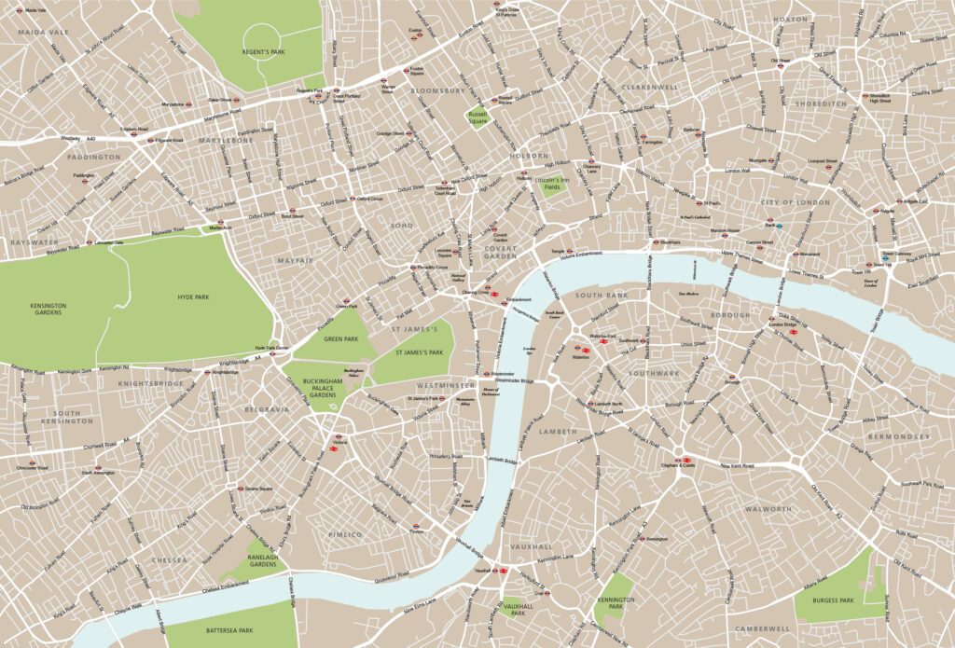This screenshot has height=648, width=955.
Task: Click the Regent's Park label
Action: [x=265, y=51]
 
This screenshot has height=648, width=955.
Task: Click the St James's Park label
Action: [x=417, y=352]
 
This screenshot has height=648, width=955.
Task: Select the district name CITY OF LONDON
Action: [x=795, y=202]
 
